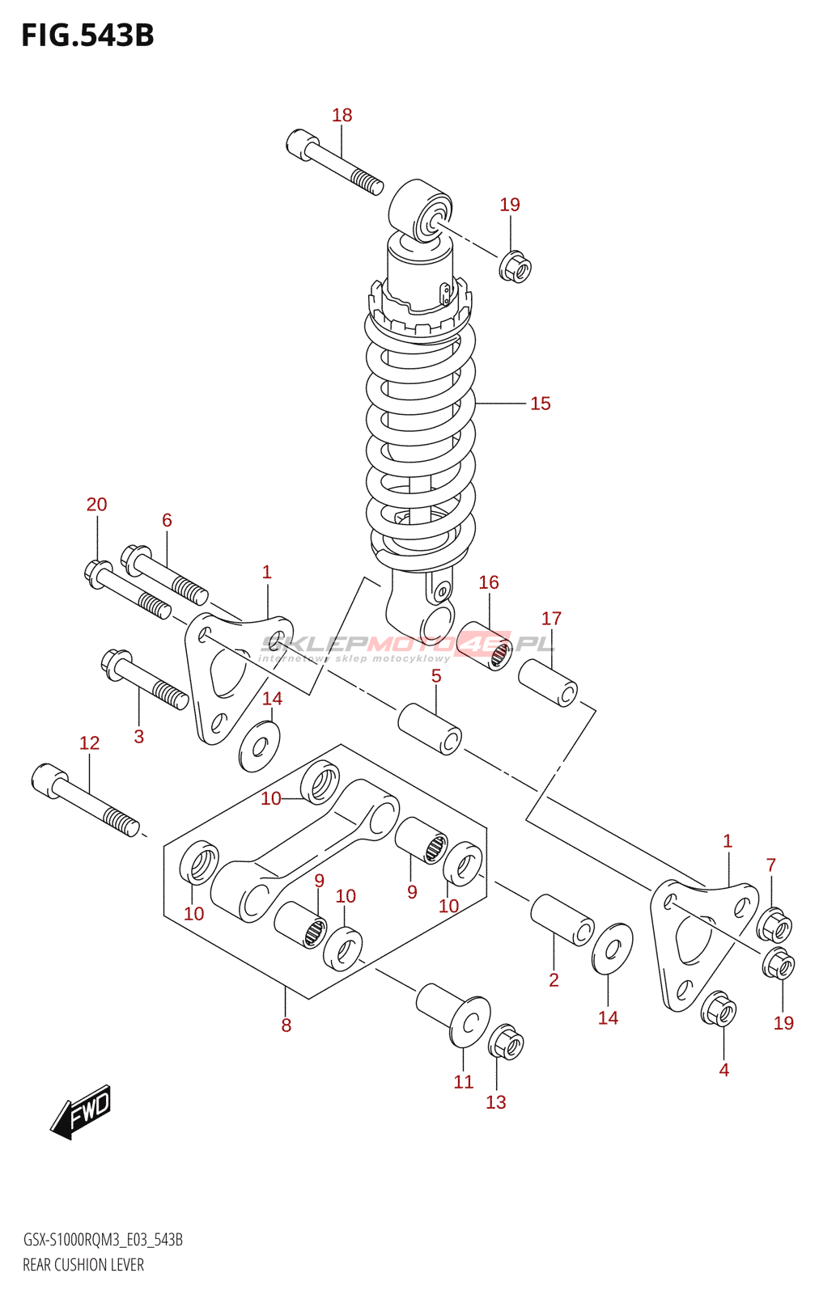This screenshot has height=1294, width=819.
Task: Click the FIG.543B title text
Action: pos(87,36)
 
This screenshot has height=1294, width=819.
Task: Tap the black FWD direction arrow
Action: pos(81,1112)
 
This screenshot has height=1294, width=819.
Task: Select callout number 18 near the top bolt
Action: pos(342,116)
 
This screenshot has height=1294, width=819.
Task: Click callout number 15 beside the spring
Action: pos(540,404)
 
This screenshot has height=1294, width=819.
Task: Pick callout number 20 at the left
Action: pos(96,505)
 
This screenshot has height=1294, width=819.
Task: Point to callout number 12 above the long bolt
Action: pos(89,743)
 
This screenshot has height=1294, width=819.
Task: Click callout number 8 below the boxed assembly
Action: pos(286,1025)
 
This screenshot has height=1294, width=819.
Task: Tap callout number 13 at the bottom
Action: pos(495,1102)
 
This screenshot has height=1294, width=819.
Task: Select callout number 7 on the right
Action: pos(770,865)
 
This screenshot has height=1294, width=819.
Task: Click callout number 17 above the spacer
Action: pos(551,619)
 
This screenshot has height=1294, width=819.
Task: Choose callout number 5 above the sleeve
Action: pos(436,676)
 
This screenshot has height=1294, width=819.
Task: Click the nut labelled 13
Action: pos(506,1044)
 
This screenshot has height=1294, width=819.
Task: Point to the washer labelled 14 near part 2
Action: pos(612,949)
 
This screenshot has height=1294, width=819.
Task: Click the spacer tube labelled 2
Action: pos(562,920)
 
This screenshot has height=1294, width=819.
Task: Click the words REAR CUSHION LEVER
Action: pos(83,1265)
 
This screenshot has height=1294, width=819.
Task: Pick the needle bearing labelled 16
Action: pos(486,644)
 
